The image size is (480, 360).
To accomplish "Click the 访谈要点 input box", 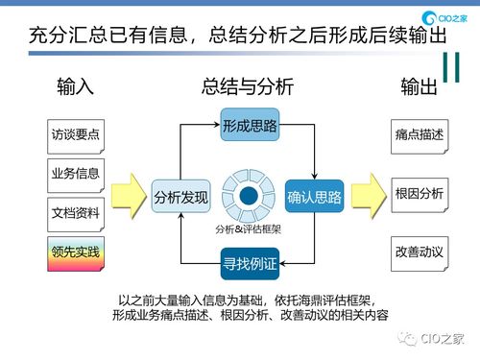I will pos(75,135).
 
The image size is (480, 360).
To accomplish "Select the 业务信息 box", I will pos(75,174).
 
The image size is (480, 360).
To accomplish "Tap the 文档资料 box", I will pos(75,212).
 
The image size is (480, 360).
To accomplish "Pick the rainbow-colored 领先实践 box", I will pos(75,252).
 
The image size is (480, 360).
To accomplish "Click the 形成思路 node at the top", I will pos(249,126).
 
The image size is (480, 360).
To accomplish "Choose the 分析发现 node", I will pos(181,198).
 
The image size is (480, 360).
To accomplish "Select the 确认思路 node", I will pos(314,198).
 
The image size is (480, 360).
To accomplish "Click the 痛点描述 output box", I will pos(419,135).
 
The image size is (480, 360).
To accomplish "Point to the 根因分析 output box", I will pos(419,193).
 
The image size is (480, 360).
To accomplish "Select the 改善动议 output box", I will pos(419,252).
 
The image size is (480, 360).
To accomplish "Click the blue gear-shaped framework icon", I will pos(249,196).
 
